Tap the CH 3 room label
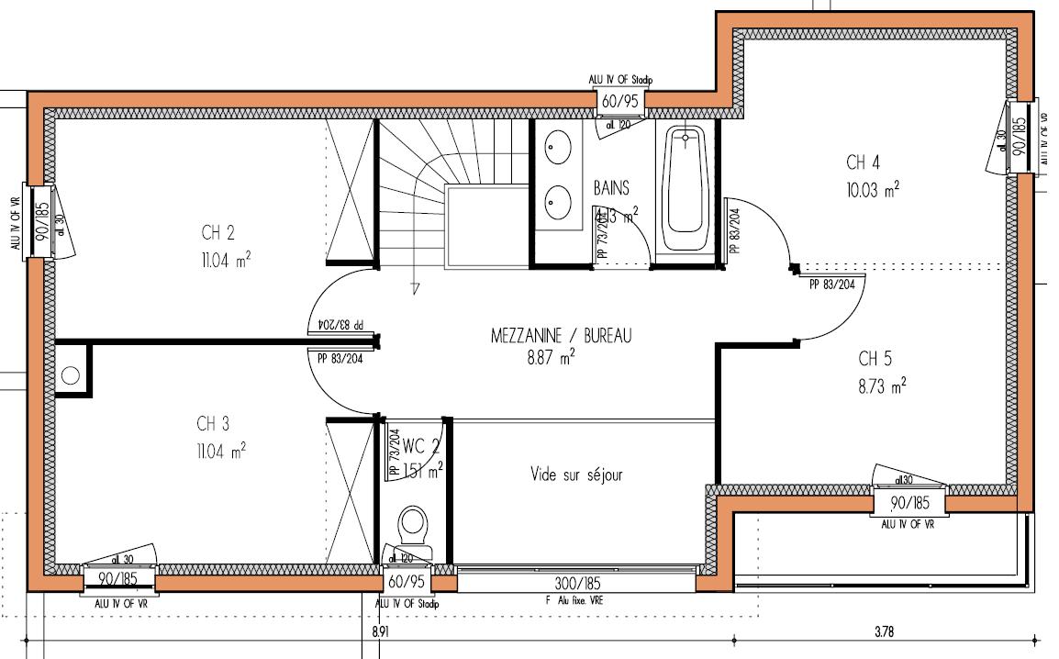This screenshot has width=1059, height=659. click(x=213, y=423)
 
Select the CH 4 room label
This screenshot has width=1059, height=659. click(x=863, y=163)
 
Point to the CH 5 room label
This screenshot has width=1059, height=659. click(x=875, y=358)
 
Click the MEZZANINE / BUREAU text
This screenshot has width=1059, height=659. click(x=562, y=336)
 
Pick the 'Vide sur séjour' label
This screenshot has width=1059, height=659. click(x=576, y=475)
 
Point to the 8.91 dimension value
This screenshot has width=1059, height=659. click(x=382, y=631)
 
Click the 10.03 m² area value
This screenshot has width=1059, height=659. click(x=872, y=190)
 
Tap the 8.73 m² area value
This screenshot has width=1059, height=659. click(x=882, y=385)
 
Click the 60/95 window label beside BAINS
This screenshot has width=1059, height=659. click(x=619, y=102)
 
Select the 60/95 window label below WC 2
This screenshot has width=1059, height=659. click(x=407, y=583)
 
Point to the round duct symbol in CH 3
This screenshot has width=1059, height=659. click(x=72, y=375)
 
